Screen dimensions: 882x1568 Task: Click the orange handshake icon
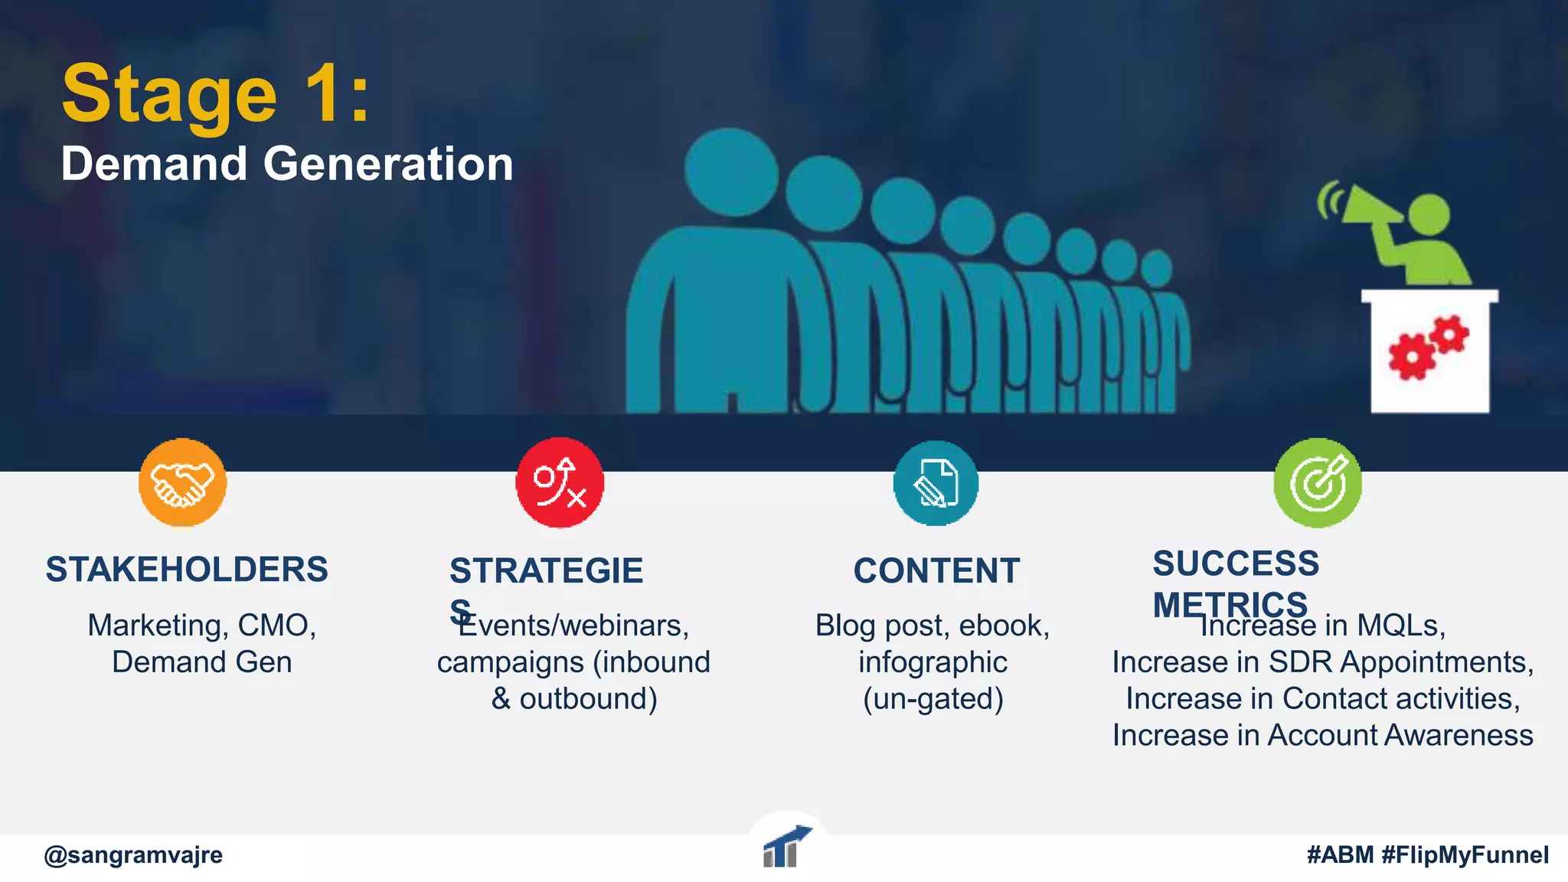[182, 483]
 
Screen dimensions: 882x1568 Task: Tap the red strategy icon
[560, 483]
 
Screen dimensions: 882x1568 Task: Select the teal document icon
[936, 483]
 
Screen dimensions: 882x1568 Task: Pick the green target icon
[1318, 483]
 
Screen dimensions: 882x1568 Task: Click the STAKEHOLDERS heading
[187, 570]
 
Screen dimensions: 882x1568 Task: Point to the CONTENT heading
[936, 571]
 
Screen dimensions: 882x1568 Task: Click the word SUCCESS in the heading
[1236, 563]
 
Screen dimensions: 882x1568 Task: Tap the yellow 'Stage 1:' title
[216, 95]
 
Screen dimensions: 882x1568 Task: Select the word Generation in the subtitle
[388, 164]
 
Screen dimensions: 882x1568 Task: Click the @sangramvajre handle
[133, 854]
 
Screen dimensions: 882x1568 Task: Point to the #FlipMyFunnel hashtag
[1465, 854]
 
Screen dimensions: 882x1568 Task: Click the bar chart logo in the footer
[786, 847]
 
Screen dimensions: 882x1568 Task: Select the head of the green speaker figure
[1429, 215]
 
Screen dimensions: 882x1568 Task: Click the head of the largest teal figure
[730, 171]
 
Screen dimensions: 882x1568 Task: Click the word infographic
[933, 662]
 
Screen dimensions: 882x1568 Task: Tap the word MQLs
[1400, 626]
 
